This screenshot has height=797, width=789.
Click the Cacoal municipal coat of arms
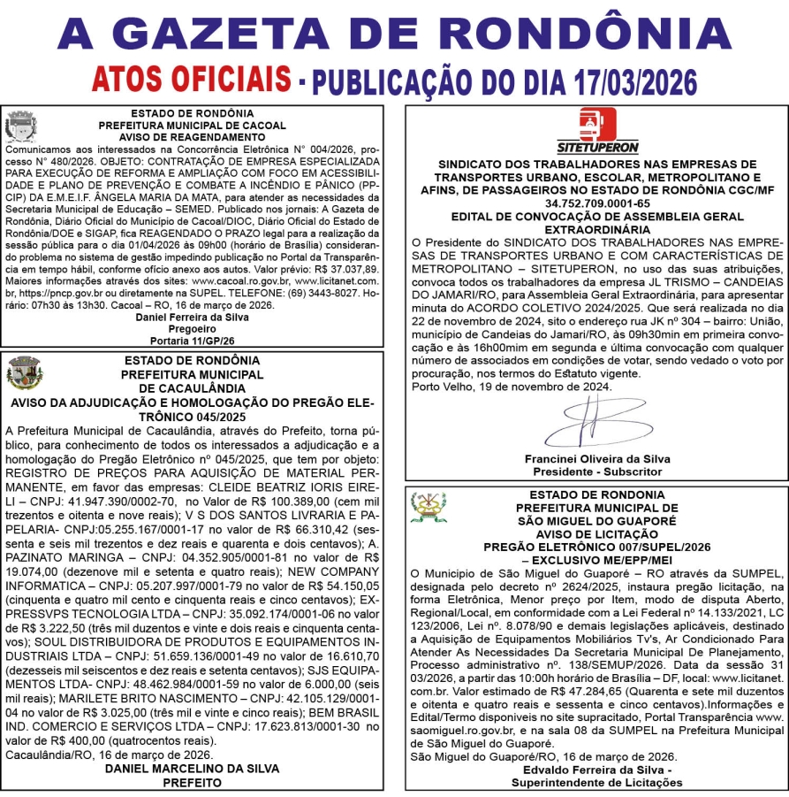tap(19, 126)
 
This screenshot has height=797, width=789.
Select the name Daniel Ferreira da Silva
tap(193, 317)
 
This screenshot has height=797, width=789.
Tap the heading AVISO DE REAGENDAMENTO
tap(193, 137)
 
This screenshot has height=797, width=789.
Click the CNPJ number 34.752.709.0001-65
tap(596, 203)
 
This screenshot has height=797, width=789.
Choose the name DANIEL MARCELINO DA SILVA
tap(192, 769)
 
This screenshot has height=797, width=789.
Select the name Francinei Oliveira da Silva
tap(596, 459)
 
